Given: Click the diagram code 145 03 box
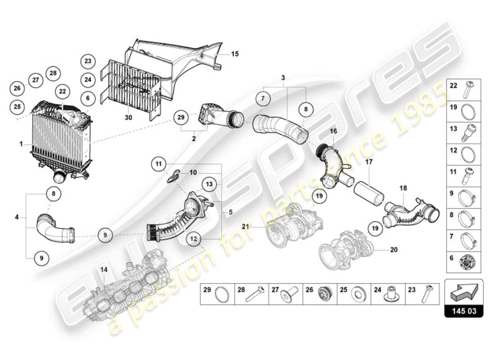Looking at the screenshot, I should (x=463, y=310).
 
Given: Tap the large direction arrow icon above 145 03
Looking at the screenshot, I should (x=463, y=292).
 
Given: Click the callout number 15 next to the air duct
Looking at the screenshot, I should (x=234, y=54).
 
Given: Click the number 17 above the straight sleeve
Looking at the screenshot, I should (x=369, y=161).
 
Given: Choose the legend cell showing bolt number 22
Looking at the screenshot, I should (x=463, y=89).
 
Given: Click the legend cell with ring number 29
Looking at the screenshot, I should (x=217, y=294).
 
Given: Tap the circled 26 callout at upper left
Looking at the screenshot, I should (x=17, y=88).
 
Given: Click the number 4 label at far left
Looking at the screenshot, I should (x=17, y=218).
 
